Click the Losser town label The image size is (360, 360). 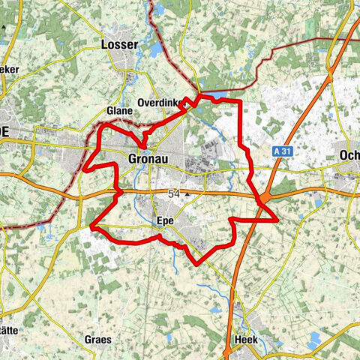click(118, 46)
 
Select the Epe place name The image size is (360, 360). click(165, 220)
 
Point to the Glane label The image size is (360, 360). click(120, 110)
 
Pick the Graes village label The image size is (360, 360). click(98, 339)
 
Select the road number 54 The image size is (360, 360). click(174, 193)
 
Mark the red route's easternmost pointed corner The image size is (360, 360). click(278, 220)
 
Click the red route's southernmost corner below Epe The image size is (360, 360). click(197, 264)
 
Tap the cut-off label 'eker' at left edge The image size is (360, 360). click(10, 69)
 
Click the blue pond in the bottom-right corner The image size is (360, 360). click(313, 342)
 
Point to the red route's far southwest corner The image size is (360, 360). click(91, 226)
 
